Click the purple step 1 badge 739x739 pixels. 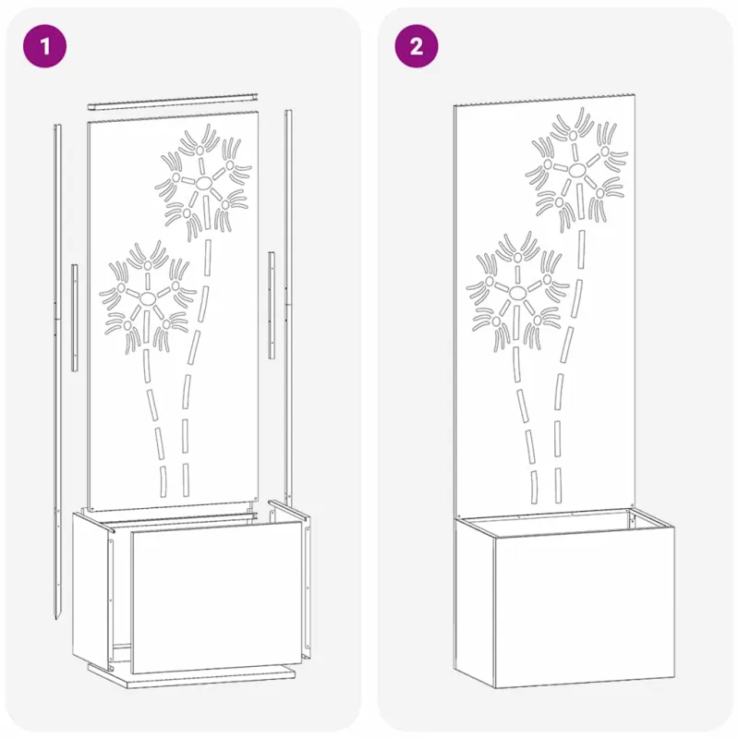click(x=44, y=46)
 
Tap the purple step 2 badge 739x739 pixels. click(x=417, y=46)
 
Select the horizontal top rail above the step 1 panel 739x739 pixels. click(x=173, y=102)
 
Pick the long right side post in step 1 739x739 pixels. click(x=288, y=307)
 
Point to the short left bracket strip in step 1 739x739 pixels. click(x=75, y=317)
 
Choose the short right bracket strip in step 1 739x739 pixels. click(x=272, y=305)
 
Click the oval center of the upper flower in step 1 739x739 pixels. click(x=204, y=183)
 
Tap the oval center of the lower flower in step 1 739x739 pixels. click(x=148, y=297)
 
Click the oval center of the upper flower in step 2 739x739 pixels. click(x=576, y=170)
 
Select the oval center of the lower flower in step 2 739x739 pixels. click(x=516, y=292)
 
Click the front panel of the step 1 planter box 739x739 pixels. click(x=216, y=597)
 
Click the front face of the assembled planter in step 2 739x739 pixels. click(x=585, y=612)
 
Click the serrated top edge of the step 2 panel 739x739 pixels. click(x=544, y=100)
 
